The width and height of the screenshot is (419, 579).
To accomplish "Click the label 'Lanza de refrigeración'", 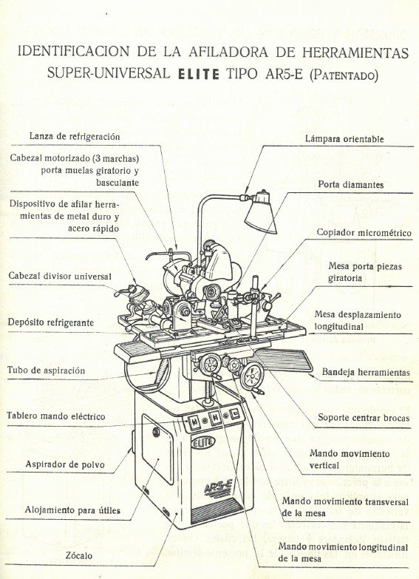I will click(x=75, y=136).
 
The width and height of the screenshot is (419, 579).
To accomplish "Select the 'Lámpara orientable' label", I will click(x=344, y=138).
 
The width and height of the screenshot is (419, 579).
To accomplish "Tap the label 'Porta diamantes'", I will click(x=350, y=184).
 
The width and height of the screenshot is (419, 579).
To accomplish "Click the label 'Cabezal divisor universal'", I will click(x=60, y=276).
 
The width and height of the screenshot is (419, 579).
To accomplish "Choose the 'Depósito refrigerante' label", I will click(x=50, y=322).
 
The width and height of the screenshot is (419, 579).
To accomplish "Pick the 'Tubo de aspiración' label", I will click(x=46, y=370).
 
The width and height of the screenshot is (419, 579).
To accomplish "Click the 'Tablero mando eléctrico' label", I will click(x=56, y=416).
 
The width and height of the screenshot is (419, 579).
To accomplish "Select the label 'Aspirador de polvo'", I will click(x=65, y=464).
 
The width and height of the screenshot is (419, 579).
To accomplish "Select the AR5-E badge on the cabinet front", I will click(x=218, y=489).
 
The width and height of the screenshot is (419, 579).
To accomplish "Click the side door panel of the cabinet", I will click(x=157, y=450).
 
